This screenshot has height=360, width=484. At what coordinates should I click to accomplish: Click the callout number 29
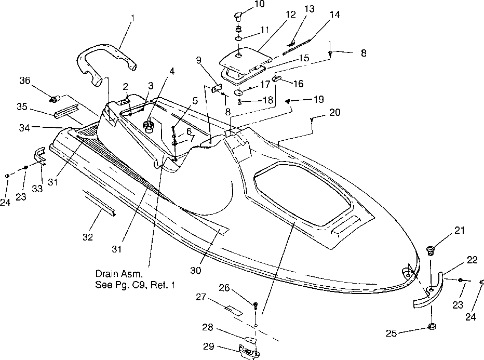coord(209,347)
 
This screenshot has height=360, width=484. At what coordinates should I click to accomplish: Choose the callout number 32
coord(88,237)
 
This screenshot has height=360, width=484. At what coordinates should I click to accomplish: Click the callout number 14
coord(335,15)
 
